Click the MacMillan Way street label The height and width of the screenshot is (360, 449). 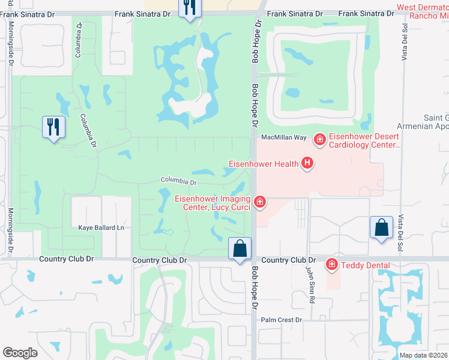click(x=284, y=137)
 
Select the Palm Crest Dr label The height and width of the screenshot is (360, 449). click(x=281, y=320)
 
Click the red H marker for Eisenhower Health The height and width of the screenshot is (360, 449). click(x=307, y=163)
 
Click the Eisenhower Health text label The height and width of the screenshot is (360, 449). click(x=265, y=163)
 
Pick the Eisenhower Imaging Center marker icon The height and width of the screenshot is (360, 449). click(x=259, y=202)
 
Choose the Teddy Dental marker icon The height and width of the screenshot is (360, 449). click(x=331, y=264)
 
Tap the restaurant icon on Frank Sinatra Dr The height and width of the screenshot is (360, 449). click(x=190, y=8)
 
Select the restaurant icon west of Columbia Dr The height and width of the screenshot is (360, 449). click(x=53, y=127)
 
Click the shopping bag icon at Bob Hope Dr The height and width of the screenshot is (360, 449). click(x=240, y=248)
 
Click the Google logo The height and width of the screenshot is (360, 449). click(x=20, y=353)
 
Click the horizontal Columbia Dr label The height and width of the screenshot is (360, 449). click(x=178, y=181)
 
